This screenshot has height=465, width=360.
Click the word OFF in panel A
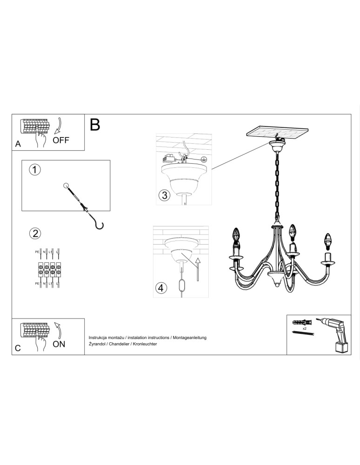click(x=60, y=140)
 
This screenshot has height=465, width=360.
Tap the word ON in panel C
click(x=59, y=344)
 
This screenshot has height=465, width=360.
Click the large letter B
click(x=95, y=124)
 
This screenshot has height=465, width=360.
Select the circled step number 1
click(x=34, y=170)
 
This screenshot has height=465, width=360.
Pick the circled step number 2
click(x=34, y=233)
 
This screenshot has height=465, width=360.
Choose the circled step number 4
click(x=160, y=288)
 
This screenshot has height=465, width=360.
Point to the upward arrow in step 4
click(x=197, y=268)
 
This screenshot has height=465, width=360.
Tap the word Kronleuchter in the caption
click(x=146, y=343)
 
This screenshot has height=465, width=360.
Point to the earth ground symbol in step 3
click(x=204, y=159)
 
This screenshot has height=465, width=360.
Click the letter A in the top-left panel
click(x=18, y=144)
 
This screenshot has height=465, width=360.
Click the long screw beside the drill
click(x=304, y=333)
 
